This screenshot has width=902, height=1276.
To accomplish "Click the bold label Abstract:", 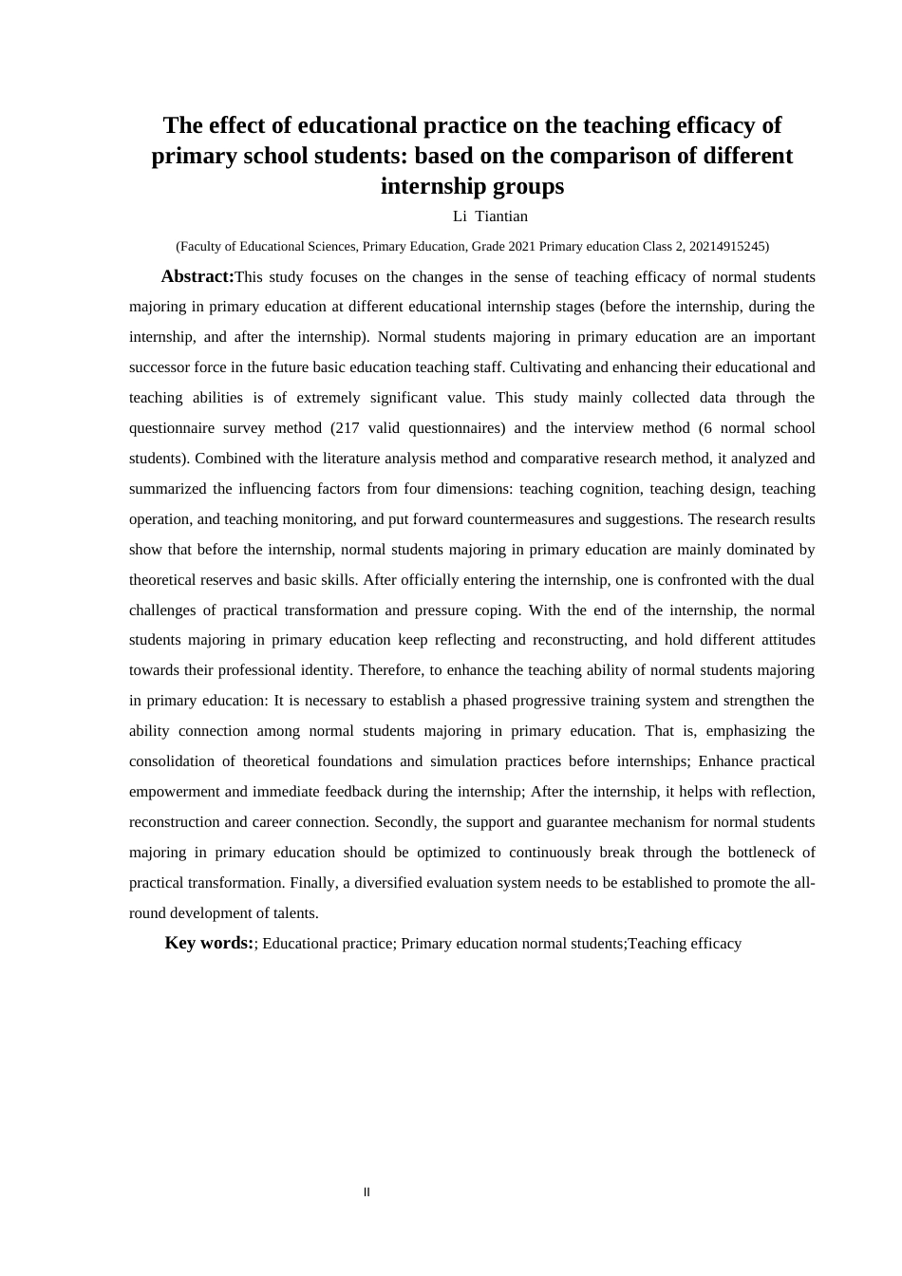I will pyautogui.click(x=197, y=276).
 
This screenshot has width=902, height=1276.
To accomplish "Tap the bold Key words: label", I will pyautogui.click(x=209, y=943).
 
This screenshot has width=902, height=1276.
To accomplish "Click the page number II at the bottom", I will pyautogui.click(x=366, y=1192).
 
